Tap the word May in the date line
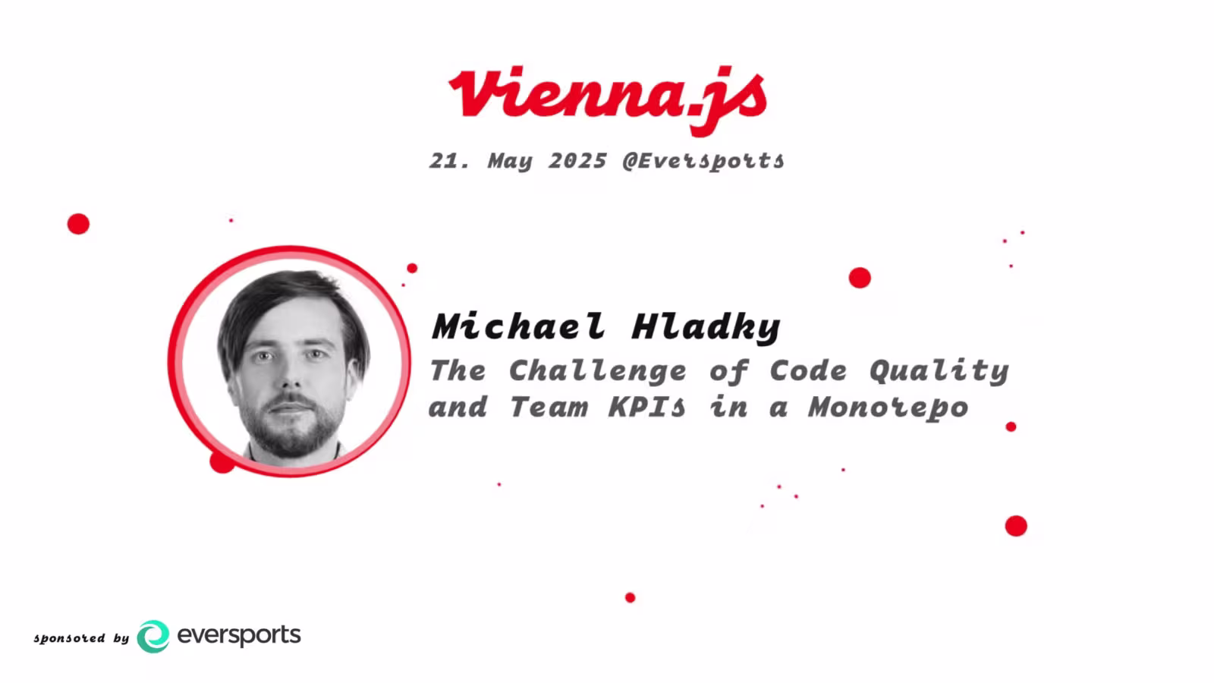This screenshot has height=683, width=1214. point(510,162)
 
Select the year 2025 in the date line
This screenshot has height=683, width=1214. point(577,161)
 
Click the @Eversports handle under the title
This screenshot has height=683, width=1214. point(703,161)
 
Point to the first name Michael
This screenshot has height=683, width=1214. point(518,326)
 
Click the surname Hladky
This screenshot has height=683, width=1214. point(706,327)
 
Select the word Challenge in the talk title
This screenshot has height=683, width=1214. point(597,371)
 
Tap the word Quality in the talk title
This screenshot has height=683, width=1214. point(939,371)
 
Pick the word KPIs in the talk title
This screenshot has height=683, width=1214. point(646,408)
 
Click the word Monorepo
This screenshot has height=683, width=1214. point(888,408)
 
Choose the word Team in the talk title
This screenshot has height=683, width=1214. point(548,408)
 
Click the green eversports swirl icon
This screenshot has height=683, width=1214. point(153,636)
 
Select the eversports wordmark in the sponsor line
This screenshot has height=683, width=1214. point(239,635)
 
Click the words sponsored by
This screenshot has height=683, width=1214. point(81,638)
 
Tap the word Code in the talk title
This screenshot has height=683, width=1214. point(808,371)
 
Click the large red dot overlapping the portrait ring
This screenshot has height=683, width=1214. point(221,461)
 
